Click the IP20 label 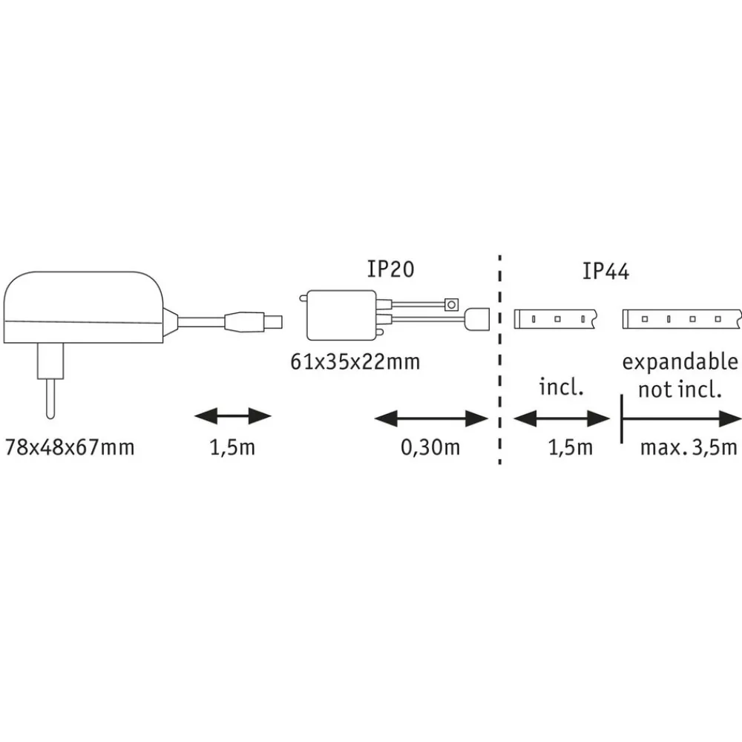[x=390, y=269]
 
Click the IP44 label [x=606, y=272]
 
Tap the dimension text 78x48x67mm [x=70, y=448]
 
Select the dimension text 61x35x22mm [x=355, y=362]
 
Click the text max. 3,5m [x=689, y=448]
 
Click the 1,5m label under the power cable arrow [x=232, y=448]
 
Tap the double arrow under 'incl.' [x=561, y=419]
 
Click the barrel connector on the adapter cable [x=252, y=321]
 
